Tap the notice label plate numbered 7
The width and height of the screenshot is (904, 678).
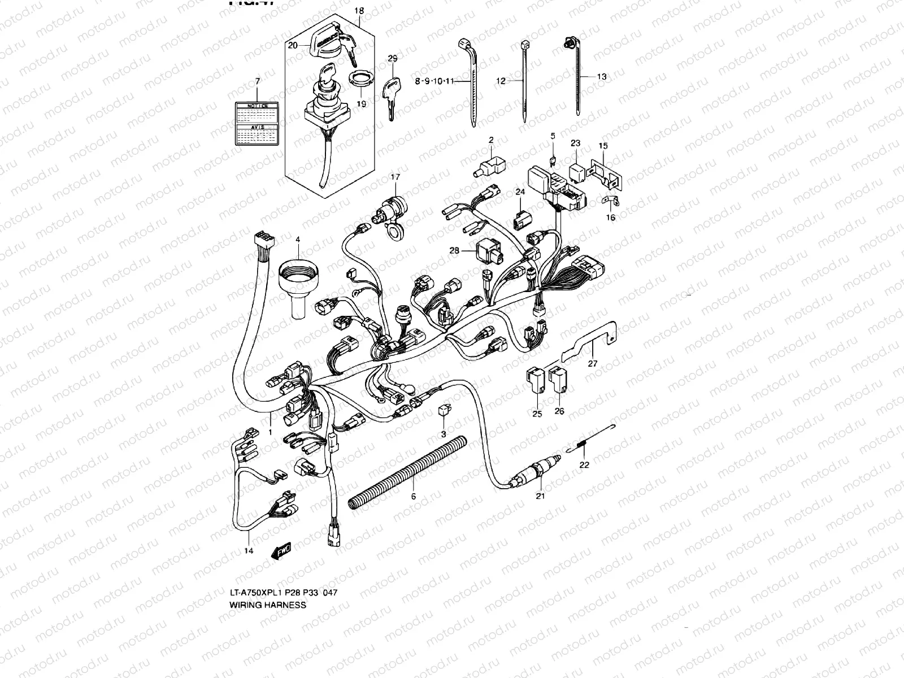click(x=257, y=124)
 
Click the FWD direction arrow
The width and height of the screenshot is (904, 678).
click(x=281, y=550)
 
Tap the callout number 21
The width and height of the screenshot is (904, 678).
click(x=540, y=496)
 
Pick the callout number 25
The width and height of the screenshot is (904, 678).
click(x=537, y=414)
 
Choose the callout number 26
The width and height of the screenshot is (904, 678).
click(x=559, y=411)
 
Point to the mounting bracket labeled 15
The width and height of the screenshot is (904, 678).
click(x=607, y=172)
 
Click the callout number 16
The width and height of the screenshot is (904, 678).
click(x=610, y=218)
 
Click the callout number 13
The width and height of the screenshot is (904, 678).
click(x=601, y=76)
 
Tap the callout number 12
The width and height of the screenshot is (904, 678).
click(x=501, y=81)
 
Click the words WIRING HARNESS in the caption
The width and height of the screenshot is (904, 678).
click(x=267, y=605)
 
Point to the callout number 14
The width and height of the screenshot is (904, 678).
click(x=249, y=550)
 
